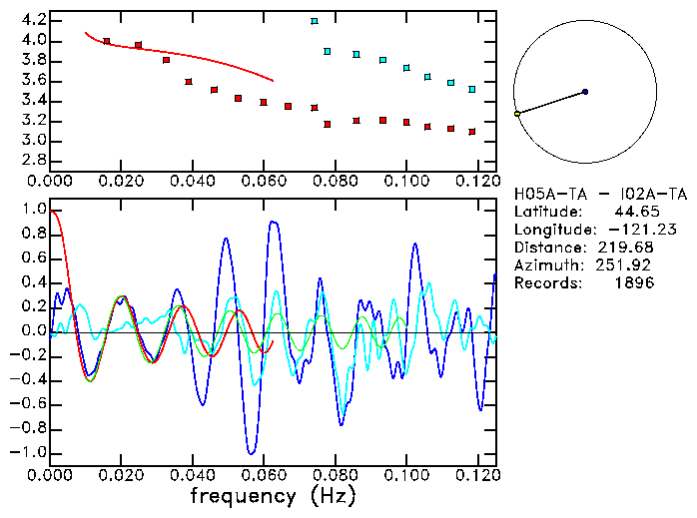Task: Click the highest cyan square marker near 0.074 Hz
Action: [315, 21]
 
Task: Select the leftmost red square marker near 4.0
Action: [107, 42]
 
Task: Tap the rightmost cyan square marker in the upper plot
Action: [472, 90]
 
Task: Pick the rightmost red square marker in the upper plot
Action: [472, 132]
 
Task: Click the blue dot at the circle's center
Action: [585, 92]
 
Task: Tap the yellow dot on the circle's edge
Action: [517, 115]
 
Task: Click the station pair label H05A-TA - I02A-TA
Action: [600, 194]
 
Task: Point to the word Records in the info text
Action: [544, 283]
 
